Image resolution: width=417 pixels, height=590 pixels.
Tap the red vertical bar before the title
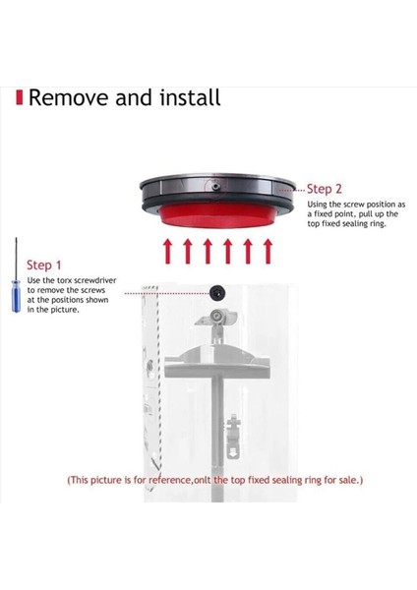tap(20, 98)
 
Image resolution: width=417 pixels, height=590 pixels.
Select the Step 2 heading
tap(325, 188)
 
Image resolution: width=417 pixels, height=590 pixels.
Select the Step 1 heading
tap(44, 265)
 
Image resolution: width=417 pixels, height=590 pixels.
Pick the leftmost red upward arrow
tap(168, 251)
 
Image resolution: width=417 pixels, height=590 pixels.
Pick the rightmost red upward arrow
tap(268, 251)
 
